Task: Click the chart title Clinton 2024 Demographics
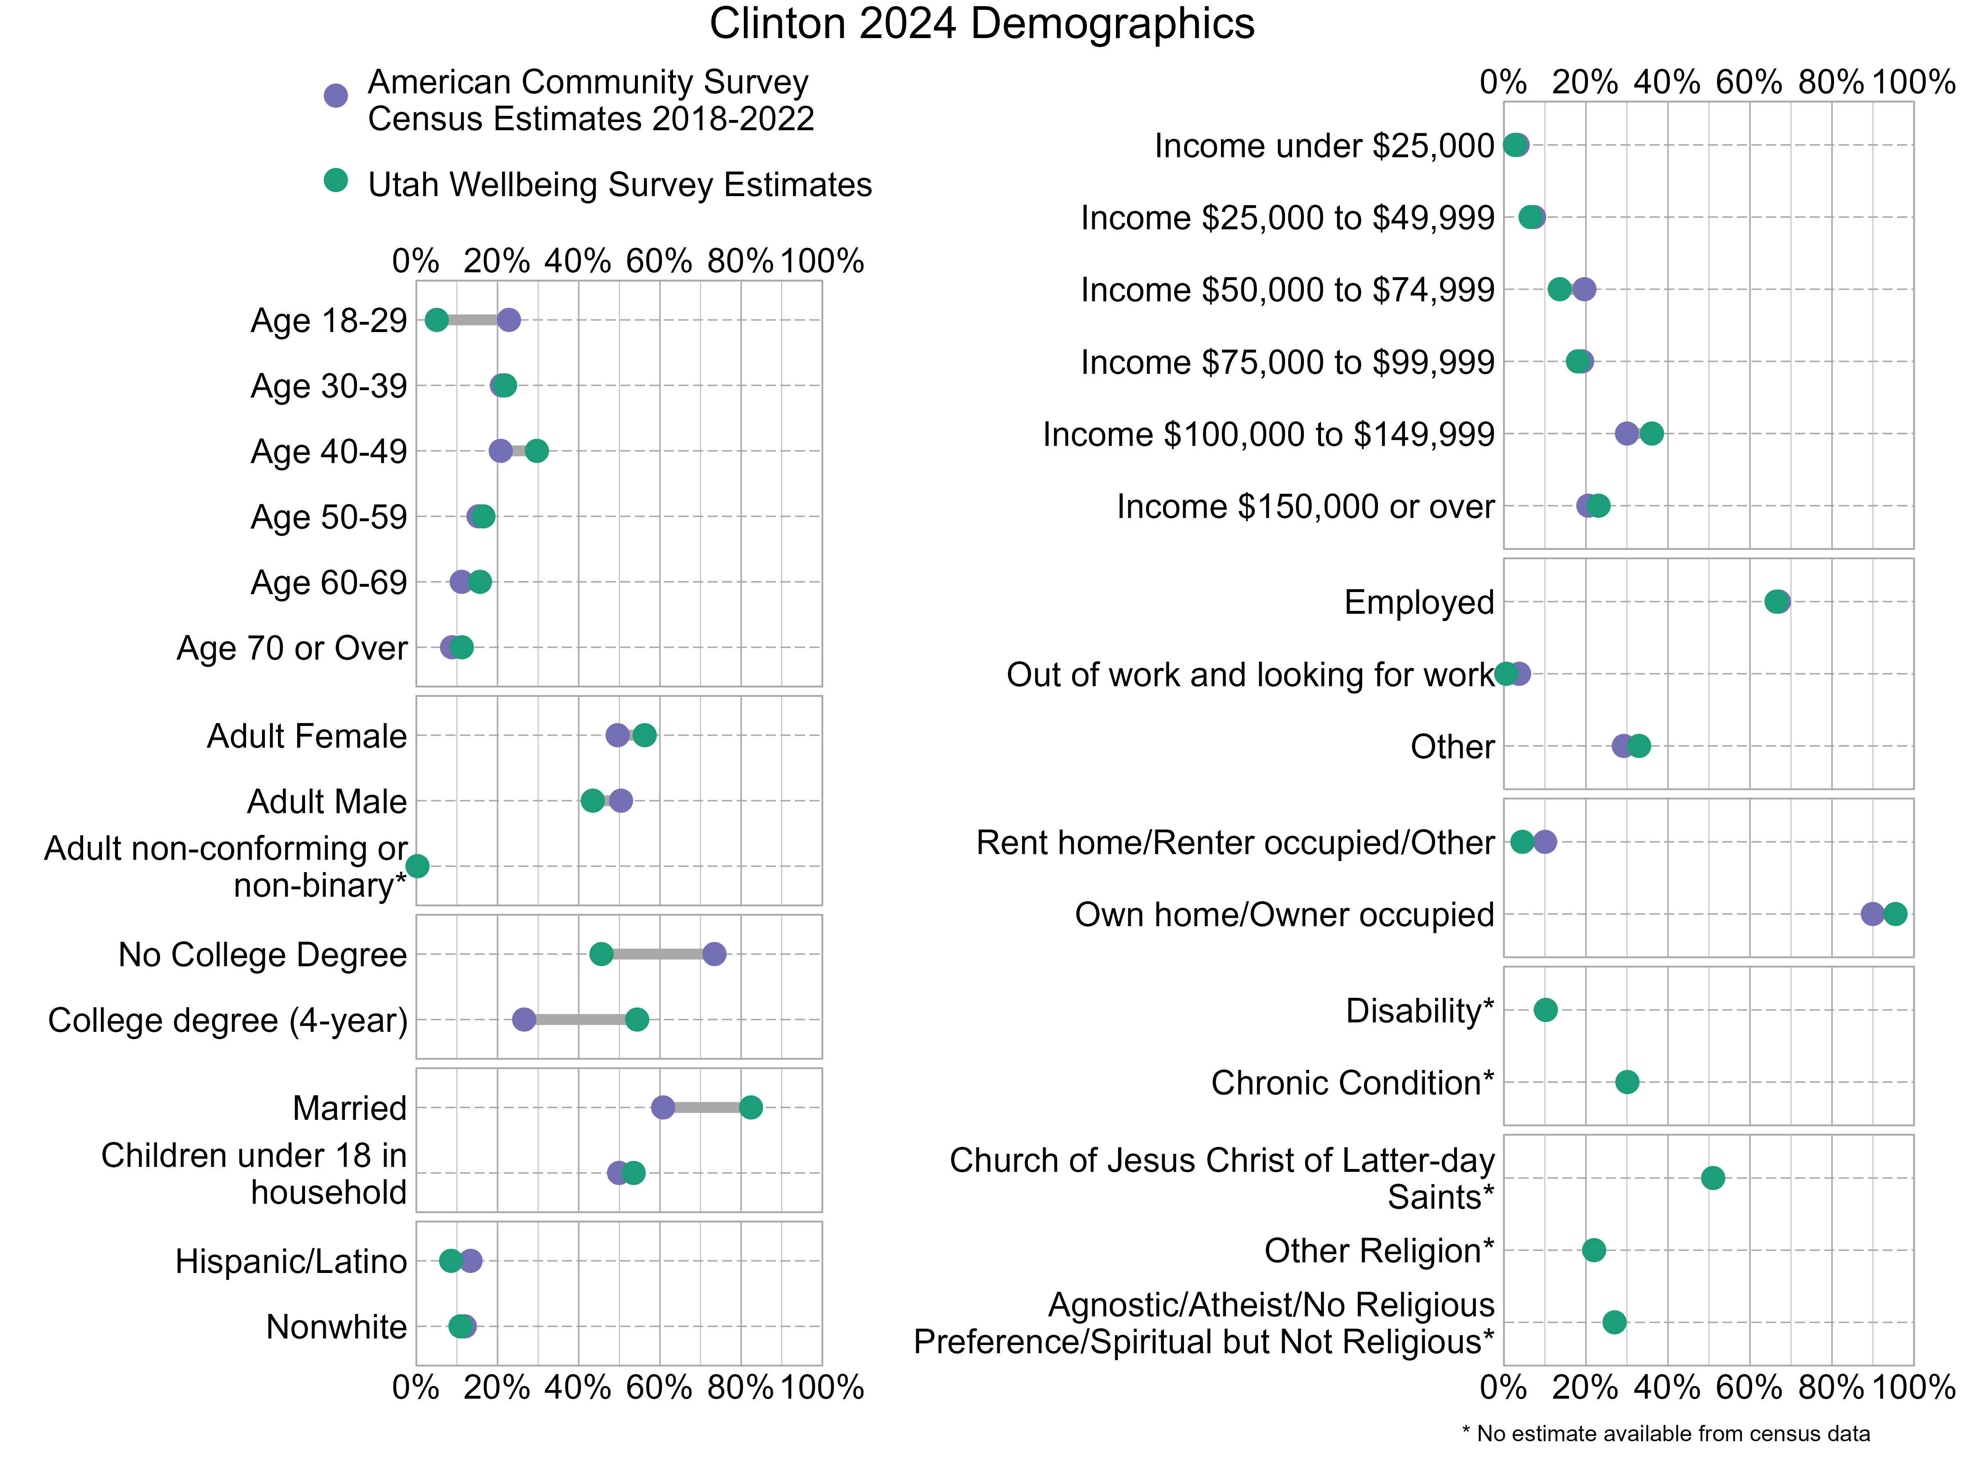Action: coord(982,24)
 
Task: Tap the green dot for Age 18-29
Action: coord(436,320)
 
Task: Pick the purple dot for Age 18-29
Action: coord(508,320)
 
